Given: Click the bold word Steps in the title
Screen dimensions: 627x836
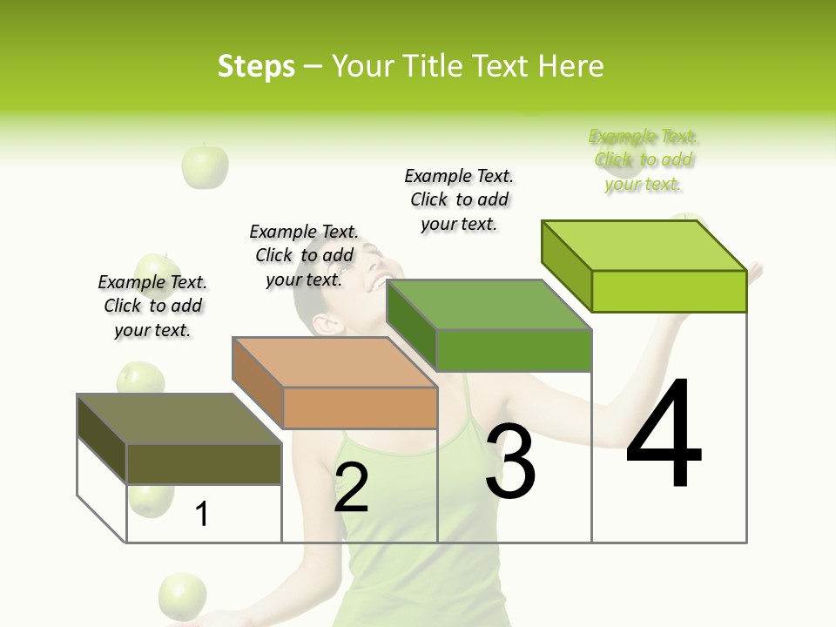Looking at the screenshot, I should [256, 66].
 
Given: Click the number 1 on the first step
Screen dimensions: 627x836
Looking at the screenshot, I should [202, 514].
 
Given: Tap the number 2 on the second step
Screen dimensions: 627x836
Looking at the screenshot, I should [351, 488].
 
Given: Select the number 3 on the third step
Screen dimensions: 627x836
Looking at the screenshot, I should [510, 462].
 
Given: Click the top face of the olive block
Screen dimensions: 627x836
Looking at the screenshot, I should [179, 419].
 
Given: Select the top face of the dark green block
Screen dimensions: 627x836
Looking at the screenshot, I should [489, 305].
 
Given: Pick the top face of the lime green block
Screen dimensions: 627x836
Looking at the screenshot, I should [644, 246].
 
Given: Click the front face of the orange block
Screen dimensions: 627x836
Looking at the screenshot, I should [360, 408].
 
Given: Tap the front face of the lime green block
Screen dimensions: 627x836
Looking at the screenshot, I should [669, 291].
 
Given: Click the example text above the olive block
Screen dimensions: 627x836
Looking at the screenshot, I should [152, 306].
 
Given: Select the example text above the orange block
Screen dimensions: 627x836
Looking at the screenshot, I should [304, 255].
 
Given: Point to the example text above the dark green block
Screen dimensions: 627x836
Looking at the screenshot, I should [459, 199].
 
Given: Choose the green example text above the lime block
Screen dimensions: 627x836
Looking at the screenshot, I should [644, 160].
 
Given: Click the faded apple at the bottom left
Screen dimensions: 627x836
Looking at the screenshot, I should [183, 596].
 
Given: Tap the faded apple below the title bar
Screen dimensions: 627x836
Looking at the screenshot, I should [205, 165].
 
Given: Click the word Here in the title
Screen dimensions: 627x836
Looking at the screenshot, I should [571, 66].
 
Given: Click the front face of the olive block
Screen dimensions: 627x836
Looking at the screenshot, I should [204, 463].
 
